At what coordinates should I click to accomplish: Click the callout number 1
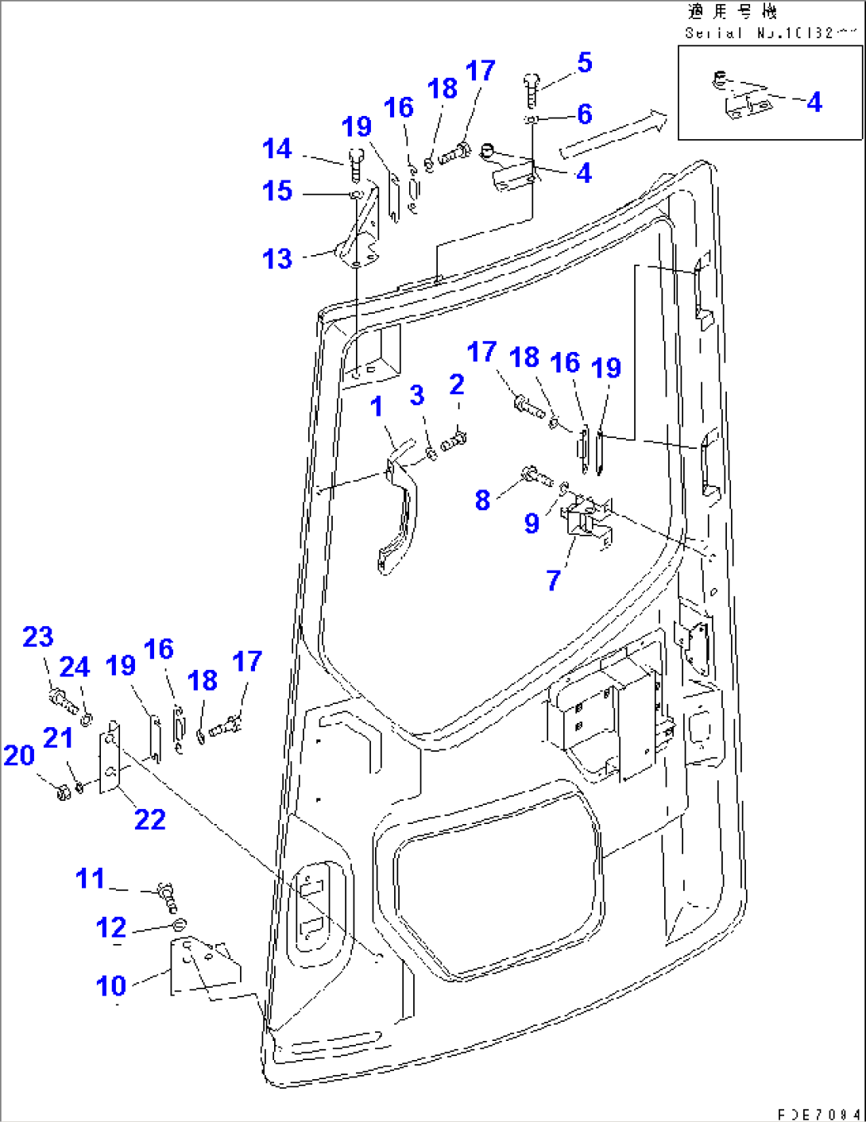(377, 407)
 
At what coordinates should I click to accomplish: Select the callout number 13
(277, 259)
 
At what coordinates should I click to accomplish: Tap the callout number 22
(149, 819)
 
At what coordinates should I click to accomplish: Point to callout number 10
(111, 986)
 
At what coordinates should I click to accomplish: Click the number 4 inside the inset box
(814, 103)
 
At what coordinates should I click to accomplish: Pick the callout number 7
(554, 581)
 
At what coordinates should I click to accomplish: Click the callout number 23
(38, 636)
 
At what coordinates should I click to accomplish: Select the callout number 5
(585, 63)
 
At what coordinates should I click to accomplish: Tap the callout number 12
(111, 927)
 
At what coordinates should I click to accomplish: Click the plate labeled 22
(110, 759)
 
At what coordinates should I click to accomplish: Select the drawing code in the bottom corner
(818, 1114)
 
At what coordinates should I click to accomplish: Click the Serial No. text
(769, 33)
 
